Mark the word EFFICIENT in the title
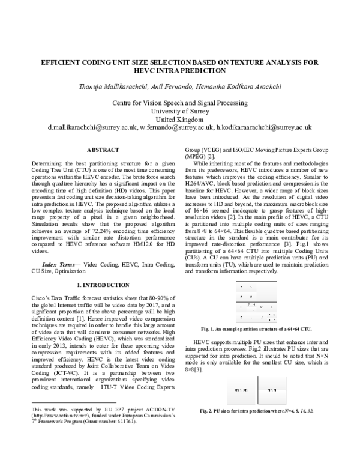click(x=63, y=62)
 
